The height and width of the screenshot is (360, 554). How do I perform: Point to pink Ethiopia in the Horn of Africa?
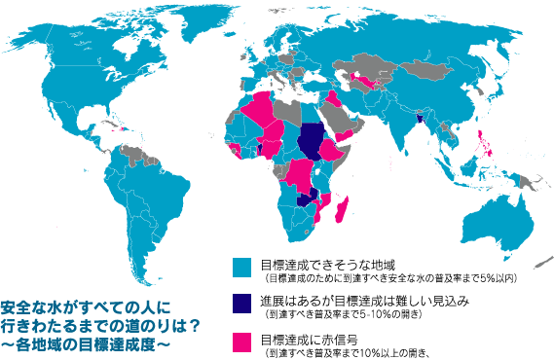coord(335,153)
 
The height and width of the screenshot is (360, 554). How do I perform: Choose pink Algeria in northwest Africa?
coord(262,112)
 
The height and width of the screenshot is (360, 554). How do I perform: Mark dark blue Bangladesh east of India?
coord(419,119)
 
